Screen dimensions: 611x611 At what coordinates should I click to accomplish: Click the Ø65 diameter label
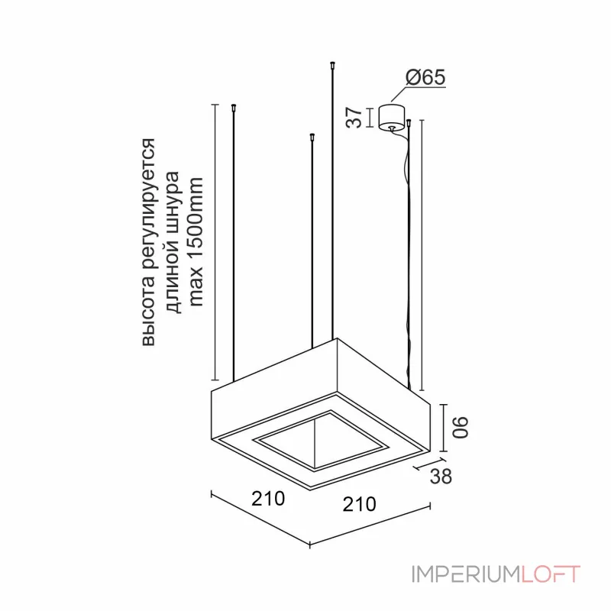(425, 77)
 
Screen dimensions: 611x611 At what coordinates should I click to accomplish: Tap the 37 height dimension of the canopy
(354, 118)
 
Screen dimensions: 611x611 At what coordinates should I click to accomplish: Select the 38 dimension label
(441, 476)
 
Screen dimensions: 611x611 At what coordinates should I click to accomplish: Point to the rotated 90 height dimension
(460, 428)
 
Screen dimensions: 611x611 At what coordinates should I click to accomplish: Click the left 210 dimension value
(268, 499)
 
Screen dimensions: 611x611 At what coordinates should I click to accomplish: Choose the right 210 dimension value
(359, 504)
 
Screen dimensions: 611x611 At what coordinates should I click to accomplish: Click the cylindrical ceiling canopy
(391, 116)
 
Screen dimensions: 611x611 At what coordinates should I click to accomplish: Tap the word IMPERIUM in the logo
(466, 574)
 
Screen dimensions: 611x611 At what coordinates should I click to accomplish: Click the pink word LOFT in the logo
(551, 574)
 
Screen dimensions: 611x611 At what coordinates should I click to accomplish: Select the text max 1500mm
(196, 242)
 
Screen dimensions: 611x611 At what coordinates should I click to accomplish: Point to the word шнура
(173, 202)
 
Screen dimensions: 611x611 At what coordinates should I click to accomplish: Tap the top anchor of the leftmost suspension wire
(234, 108)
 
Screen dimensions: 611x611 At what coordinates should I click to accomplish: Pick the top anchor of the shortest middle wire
(312, 137)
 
